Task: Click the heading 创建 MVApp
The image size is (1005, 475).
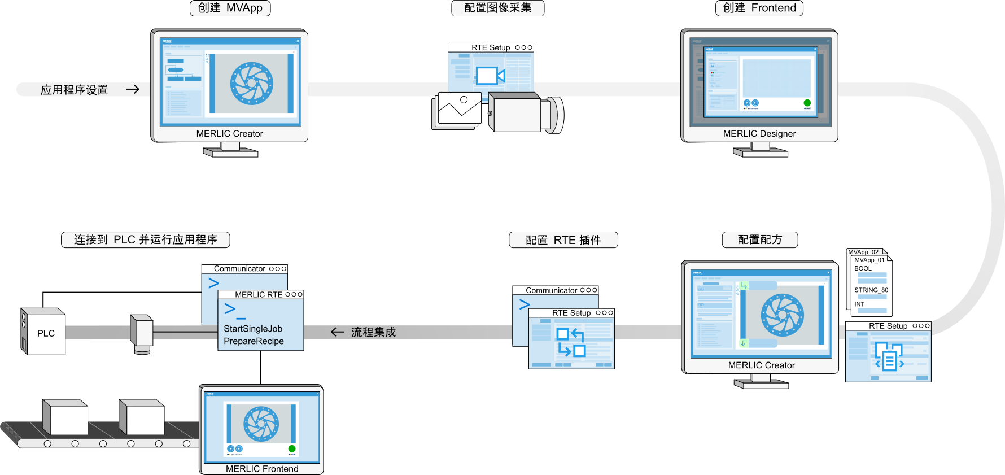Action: (x=230, y=8)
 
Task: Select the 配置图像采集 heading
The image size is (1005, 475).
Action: (x=497, y=8)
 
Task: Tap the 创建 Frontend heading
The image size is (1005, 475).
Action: (x=759, y=8)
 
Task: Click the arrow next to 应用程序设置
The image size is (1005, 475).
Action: (x=133, y=89)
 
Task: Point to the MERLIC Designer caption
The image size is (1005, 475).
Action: (x=759, y=134)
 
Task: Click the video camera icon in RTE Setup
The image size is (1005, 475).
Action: (x=490, y=75)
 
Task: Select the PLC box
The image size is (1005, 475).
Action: (x=44, y=333)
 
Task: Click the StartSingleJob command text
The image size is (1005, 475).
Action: (x=253, y=329)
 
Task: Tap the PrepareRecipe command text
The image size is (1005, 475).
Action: (x=254, y=341)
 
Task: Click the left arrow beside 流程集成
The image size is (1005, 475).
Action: (x=337, y=332)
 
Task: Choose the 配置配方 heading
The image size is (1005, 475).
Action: (x=760, y=239)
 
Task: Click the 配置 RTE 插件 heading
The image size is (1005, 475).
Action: (x=563, y=240)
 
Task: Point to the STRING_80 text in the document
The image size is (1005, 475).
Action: (x=871, y=290)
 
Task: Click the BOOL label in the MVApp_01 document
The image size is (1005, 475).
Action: (x=863, y=269)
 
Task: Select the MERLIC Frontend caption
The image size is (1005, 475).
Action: (x=262, y=469)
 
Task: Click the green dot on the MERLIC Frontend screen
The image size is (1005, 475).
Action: (x=292, y=448)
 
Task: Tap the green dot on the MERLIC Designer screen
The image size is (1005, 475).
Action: (x=807, y=103)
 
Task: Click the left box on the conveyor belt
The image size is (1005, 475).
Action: (x=66, y=419)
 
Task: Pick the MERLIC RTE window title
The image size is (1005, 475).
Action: (x=259, y=295)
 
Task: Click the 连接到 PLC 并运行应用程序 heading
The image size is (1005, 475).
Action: (x=145, y=239)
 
